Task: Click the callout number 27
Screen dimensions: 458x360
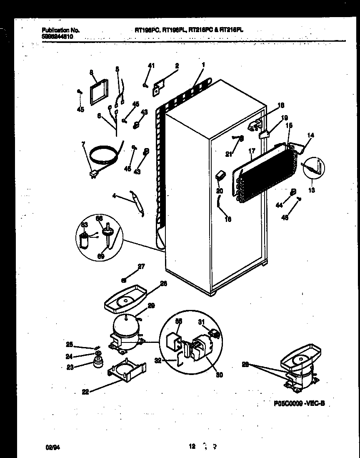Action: (141, 267)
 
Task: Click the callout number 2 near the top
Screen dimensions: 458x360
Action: (177, 66)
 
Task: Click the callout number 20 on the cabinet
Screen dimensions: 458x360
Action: (220, 191)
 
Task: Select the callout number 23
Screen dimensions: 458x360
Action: (70, 367)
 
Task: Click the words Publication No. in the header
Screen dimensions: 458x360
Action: (61, 30)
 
